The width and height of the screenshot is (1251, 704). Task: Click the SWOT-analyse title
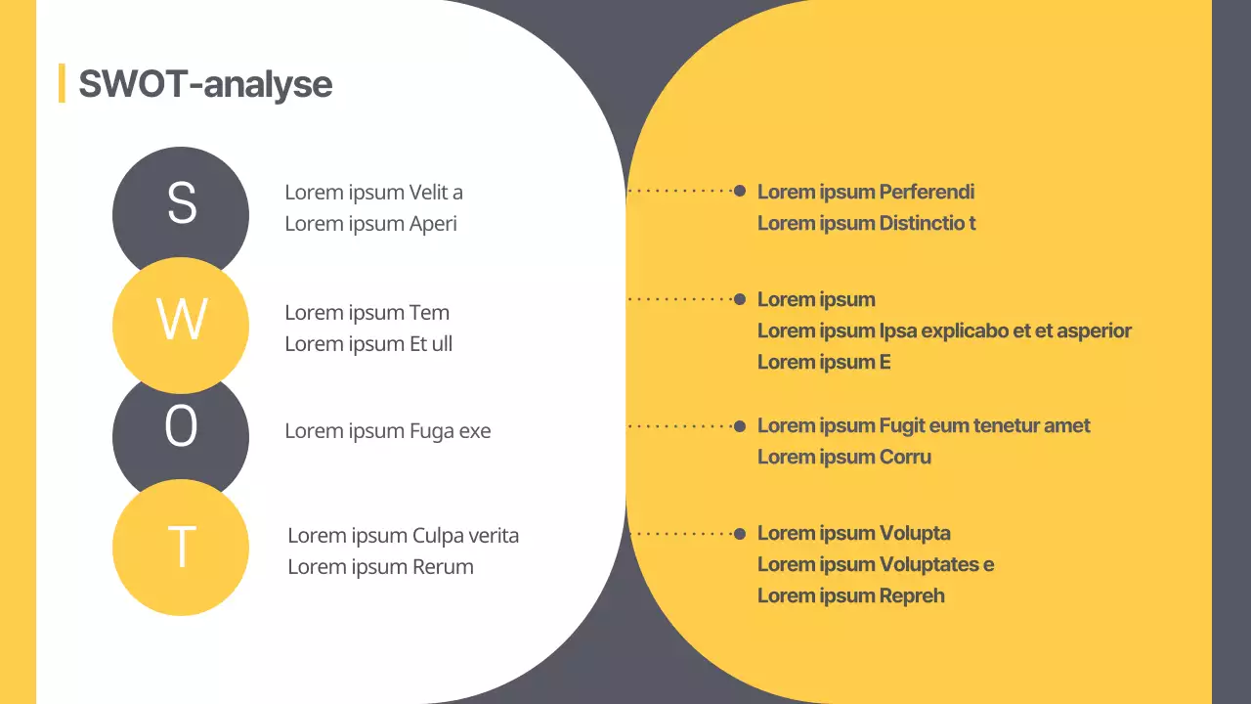click(x=205, y=84)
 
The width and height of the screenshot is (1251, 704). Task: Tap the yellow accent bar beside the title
click(x=62, y=83)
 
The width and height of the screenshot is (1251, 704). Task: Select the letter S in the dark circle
click(x=182, y=203)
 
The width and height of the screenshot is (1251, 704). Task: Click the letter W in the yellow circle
click(x=182, y=319)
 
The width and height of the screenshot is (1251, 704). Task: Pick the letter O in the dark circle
click(x=181, y=427)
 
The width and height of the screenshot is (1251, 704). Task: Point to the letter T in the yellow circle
click(x=182, y=547)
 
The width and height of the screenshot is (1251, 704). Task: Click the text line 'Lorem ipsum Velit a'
click(x=373, y=192)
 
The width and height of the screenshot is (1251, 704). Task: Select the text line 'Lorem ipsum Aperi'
click(x=370, y=223)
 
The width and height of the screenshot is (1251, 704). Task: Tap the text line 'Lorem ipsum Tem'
click(x=367, y=313)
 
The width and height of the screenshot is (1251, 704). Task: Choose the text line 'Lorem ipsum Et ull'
click(x=368, y=344)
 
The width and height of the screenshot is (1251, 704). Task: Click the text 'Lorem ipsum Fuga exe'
click(x=387, y=431)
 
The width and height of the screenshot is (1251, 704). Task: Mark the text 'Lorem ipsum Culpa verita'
click(x=403, y=536)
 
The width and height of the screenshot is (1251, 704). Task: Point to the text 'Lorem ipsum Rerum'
click(x=380, y=567)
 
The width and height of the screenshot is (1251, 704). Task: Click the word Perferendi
click(x=927, y=192)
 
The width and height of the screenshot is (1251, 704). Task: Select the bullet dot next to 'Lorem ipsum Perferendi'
click(x=740, y=191)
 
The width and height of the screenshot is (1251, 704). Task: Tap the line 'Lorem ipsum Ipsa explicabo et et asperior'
click(x=944, y=330)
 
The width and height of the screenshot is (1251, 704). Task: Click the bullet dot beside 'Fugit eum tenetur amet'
click(x=740, y=425)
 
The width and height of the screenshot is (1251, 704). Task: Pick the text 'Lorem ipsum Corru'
click(x=843, y=457)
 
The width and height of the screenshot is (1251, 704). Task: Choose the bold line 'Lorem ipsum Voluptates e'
click(x=875, y=564)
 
